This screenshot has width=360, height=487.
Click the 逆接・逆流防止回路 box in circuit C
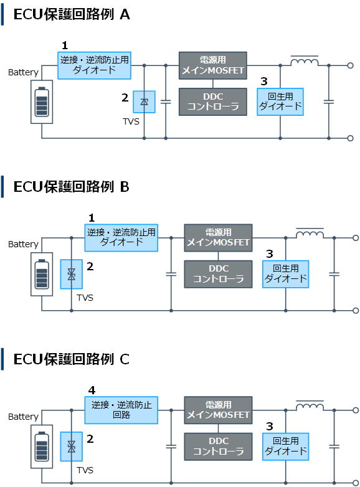[x=121, y=410]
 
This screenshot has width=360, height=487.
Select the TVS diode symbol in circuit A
[x=144, y=102]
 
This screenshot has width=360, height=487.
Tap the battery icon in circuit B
[x=42, y=274]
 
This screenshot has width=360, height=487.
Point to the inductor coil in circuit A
[x=305, y=62]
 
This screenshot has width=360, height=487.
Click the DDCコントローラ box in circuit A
[x=213, y=102]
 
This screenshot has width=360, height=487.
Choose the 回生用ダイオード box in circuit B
[x=285, y=274]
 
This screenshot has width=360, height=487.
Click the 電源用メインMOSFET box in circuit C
[x=218, y=410]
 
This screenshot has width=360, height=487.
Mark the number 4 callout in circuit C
[x=92, y=390]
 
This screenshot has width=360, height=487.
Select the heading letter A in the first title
[x=125, y=14]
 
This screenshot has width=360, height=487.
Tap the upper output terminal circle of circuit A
[x=351, y=65]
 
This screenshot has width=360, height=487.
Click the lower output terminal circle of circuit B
[x=356, y=311]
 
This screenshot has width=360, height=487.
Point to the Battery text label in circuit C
[x=23, y=417]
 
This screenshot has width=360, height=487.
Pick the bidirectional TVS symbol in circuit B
[x=72, y=274]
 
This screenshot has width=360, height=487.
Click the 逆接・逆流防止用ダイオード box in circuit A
[x=94, y=65]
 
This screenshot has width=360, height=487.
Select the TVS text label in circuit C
[x=85, y=470]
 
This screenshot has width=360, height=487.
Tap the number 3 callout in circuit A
[x=264, y=82]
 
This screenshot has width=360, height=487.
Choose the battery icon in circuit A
[x=42, y=102]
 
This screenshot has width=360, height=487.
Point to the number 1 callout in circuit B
[x=92, y=218]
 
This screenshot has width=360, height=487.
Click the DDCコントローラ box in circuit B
[x=218, y=274]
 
